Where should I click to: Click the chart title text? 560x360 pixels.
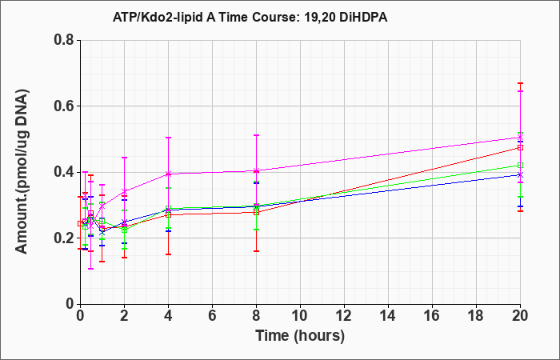coord(250,17)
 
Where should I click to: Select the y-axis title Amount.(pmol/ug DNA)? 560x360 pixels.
coord(22,171)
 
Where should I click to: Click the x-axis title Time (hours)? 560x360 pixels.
coord(300,336)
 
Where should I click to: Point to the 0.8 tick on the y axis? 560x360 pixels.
coord(64,40)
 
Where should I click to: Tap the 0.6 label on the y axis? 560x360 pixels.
coord(64,106)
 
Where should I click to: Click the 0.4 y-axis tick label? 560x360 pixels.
coord(64,172)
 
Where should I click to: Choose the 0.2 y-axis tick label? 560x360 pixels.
coord(64,238)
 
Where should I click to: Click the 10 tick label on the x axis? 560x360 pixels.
coord(300,316)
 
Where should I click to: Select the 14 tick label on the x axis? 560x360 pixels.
coord(388,316)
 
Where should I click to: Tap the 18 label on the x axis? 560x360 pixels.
coord(476,316)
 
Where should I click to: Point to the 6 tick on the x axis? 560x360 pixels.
coord(212,316)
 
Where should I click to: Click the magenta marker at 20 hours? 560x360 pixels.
coord(520,138)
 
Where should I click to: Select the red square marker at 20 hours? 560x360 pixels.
coord(520,147)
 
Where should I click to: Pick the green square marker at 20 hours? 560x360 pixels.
coord(520,165)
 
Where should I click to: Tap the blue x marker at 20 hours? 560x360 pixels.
coord(520,175)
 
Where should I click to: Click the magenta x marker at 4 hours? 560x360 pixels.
coord(168,174)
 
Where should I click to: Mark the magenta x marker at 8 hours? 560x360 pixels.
coord(256,170)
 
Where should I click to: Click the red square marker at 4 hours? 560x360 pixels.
coord(168,215)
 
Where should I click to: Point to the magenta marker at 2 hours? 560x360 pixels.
coord(124,192)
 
